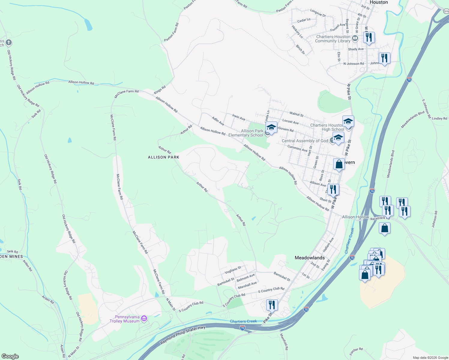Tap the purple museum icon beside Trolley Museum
pyautogui.click(x=144, y=318)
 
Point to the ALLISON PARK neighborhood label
pyautogui.click(x=164, y=157)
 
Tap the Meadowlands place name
pyautogui.click(x=309, y=258)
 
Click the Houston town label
pyautogui.click(x=379, y=2)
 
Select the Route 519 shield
pyautogui.click(x=446, y=11)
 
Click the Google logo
pyautogui.click(x=10, y=356)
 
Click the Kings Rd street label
pyautogui.click(x=160, y=90)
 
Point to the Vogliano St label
pyautogui.click(x=233, y=270)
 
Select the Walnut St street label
pyautogui.click(x=296, y=114)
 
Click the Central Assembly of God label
pyautogui.click(x=305, y=141)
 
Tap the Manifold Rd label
pyautogui.click(x=284, y=342)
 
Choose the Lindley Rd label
pyautogui.click(x=439, y=118)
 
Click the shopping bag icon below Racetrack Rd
pyautogui.click(x=384, y=229)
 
